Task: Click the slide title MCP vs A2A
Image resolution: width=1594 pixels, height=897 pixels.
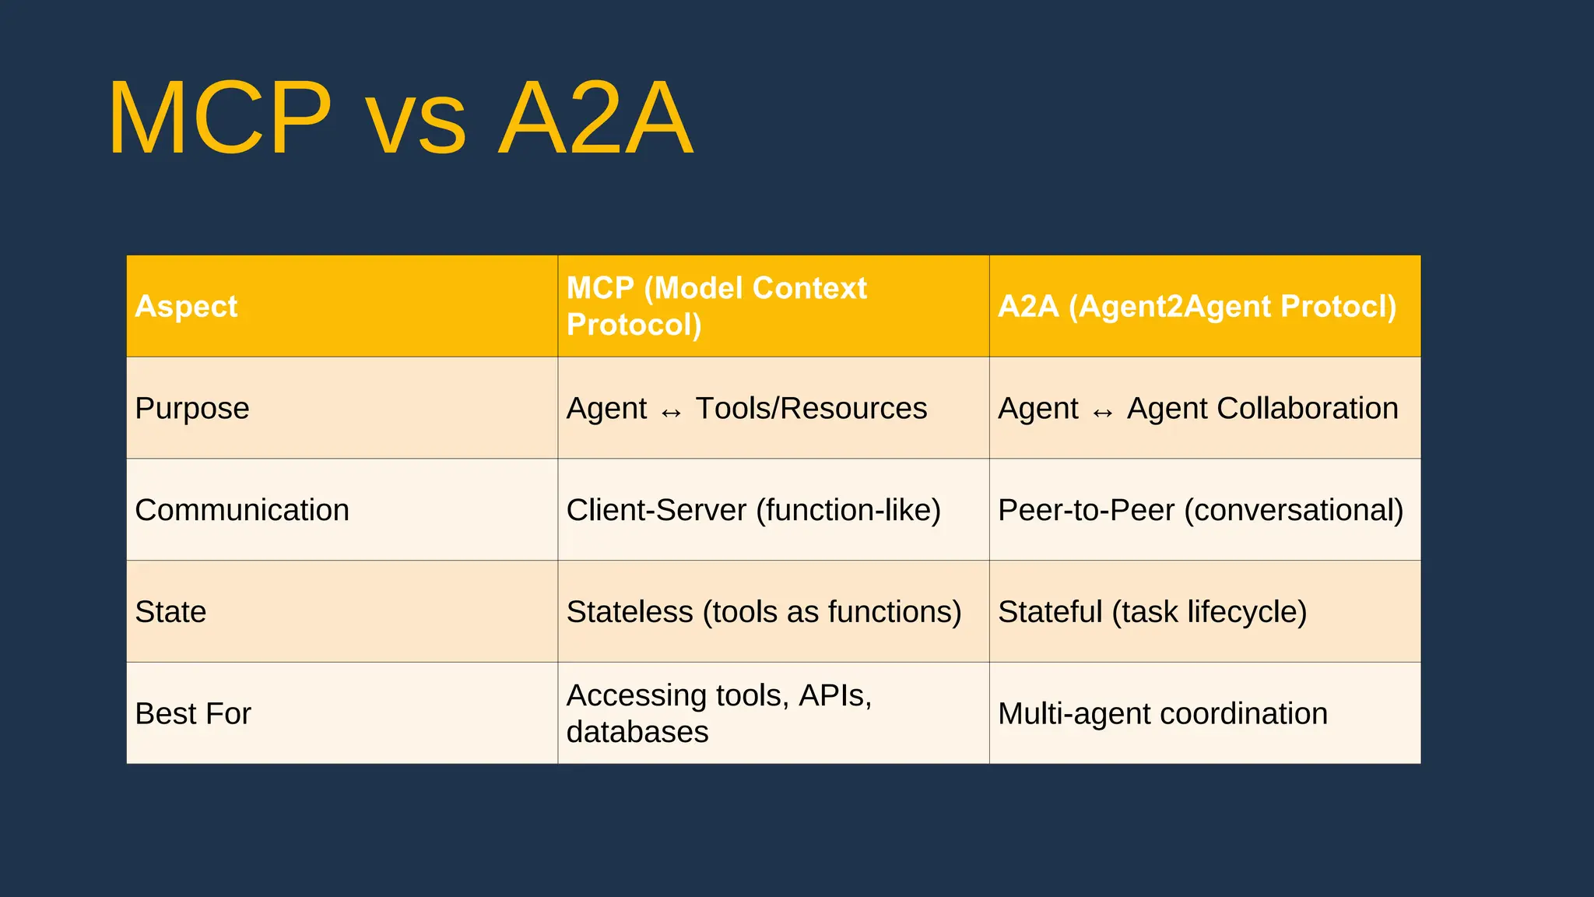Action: [x=400, y=118]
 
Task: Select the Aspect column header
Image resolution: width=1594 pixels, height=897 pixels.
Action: [x=186, y=306]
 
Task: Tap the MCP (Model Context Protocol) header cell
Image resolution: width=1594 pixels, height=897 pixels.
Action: [x=716, y=306]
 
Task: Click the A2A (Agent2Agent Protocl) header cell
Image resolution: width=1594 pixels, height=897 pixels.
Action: [x=1197, y=306]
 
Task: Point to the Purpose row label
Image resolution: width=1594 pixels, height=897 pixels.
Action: [x=192, y=408]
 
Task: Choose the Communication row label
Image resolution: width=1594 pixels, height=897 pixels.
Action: [x=242, y=510]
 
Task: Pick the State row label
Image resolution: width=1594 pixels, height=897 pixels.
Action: [x=170, y=612]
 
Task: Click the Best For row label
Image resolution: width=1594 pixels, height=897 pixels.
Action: [x=193, y=714]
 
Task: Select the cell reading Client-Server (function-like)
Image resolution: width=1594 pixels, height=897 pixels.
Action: [x=753, y=510]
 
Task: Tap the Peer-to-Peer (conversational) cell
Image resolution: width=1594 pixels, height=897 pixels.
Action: [x=1200, y=510]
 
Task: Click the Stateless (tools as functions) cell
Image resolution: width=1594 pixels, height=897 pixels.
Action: [x=764, y=612]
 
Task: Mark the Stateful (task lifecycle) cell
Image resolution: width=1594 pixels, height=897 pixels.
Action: [x=1152, y=612]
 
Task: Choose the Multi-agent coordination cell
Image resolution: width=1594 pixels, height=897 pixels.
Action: [x=1163, y=714]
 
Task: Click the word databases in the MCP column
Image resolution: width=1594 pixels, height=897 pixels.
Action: [x=637, y=732]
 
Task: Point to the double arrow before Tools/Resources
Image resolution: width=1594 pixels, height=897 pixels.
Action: [x=671, y=412]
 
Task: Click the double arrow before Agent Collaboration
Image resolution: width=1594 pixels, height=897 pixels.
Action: [x=1102, y=412]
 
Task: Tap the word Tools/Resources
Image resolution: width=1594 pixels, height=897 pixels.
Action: [x=811, y=408]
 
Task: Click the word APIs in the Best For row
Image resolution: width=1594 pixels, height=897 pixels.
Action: [x=834, y=695]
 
